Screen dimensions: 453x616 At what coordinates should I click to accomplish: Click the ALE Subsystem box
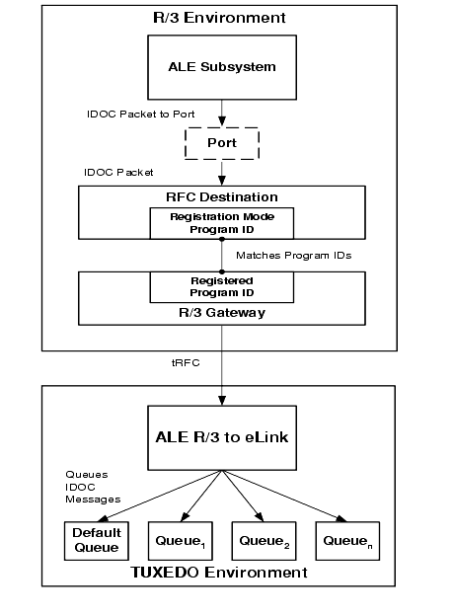222,67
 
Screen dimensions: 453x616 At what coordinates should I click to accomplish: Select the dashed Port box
222,143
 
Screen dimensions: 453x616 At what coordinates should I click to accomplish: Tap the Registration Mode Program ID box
222,223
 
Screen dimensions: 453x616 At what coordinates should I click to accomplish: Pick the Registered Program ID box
222,287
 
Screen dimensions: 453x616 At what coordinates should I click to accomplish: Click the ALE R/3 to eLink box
222,437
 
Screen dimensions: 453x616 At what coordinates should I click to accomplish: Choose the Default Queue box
97,541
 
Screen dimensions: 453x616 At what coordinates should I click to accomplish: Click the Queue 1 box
181,541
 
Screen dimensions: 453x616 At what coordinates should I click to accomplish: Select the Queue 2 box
264,541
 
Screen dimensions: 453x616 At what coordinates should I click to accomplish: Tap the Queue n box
347,541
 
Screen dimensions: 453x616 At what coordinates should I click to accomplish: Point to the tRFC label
186,362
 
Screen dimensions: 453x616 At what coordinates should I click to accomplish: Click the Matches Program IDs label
294,256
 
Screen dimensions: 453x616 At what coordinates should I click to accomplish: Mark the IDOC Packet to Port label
141,114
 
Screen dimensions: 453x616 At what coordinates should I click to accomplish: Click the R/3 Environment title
219,18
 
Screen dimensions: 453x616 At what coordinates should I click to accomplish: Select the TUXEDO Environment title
219,573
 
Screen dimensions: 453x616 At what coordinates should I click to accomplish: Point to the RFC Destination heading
222,196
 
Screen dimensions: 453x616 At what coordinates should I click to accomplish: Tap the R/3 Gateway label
222,313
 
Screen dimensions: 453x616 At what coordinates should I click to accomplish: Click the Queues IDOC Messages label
93,487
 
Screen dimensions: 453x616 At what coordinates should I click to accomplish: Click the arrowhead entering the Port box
222,121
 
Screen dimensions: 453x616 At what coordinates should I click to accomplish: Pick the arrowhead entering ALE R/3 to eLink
222,401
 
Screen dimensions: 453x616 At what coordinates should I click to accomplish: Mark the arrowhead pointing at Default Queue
103,519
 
